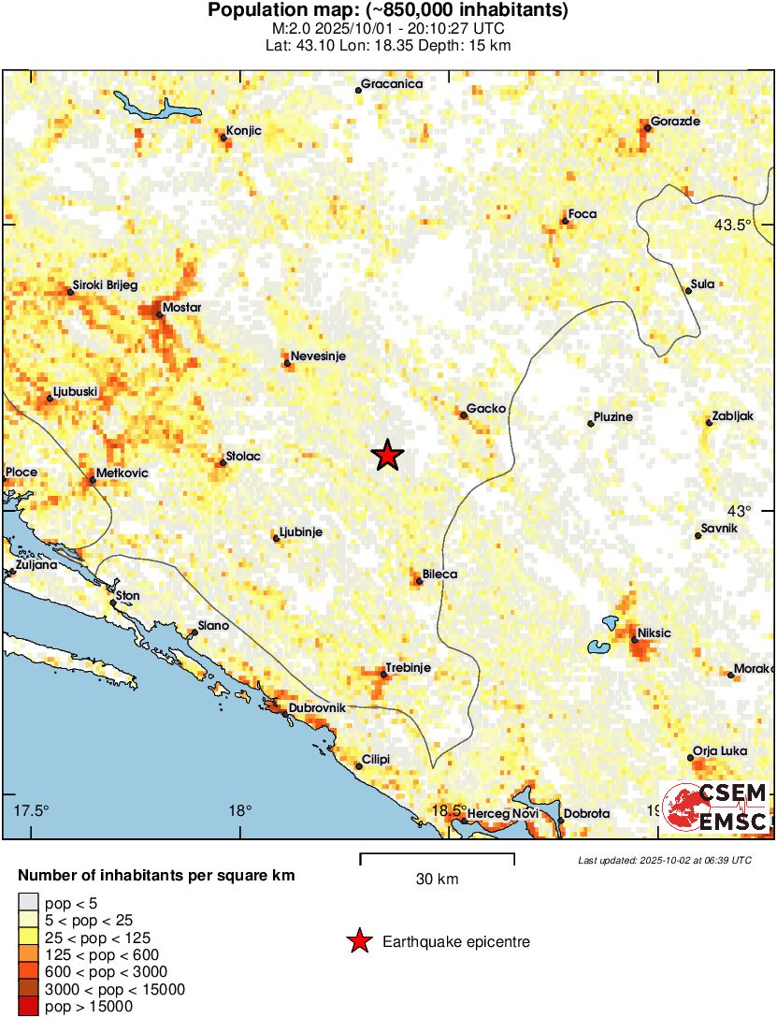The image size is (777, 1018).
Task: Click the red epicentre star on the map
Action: [387, 456]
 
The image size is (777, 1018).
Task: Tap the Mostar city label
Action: [181, 307]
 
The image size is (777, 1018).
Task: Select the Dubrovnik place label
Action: [318, 708]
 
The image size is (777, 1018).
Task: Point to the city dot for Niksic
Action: [634, 641]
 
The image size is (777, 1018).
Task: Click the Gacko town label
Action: [486, 409]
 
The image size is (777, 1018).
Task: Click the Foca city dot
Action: [564, 222]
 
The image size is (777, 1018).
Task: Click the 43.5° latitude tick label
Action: [732, 225]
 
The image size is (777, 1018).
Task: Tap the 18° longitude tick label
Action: [240, 810]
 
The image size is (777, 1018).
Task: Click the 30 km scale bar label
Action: [437, 880]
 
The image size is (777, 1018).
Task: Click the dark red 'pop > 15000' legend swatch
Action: [28, 1007]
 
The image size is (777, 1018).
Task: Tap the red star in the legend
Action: [358, 942]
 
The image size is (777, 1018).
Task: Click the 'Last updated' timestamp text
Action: [664, 860]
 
